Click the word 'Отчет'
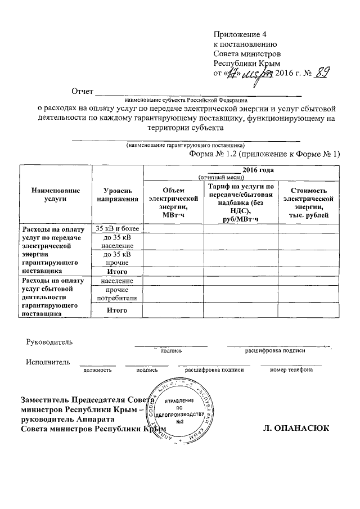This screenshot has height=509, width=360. pyautogui.click(x=80, y=91)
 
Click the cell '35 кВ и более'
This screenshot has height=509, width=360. pyautogui.click(x=117, y=228)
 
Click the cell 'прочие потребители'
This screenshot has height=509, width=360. pyautogui.click(x=117, y=293)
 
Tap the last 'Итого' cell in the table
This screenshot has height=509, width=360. pyautogui.click(x=117, y=310)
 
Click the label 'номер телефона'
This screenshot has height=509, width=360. pyautogui.click(x=290, y=370)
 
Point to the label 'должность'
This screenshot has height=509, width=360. pyautogui.click(x=97, y=370)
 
